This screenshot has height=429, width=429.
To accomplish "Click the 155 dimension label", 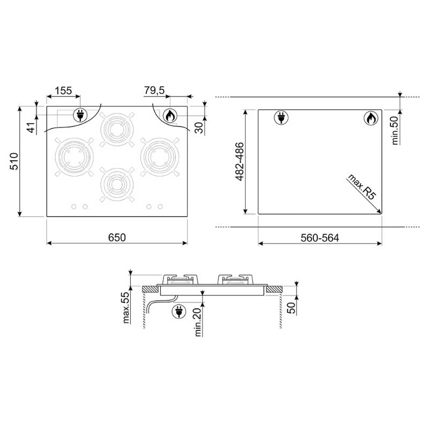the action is (x=63, y=91).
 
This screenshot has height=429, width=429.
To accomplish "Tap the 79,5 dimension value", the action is (x=154, y=90).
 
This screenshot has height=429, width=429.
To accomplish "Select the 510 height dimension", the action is (x=14, y=161).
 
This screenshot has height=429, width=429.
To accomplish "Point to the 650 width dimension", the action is (x=117, y=237).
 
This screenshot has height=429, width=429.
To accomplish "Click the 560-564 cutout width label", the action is (x=320, y=238).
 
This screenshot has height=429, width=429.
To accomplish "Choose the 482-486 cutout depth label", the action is (x=240, y=161).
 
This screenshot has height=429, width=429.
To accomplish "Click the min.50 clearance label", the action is (x=395, y=130).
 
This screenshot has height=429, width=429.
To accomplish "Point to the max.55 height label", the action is (x=125, y=308).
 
